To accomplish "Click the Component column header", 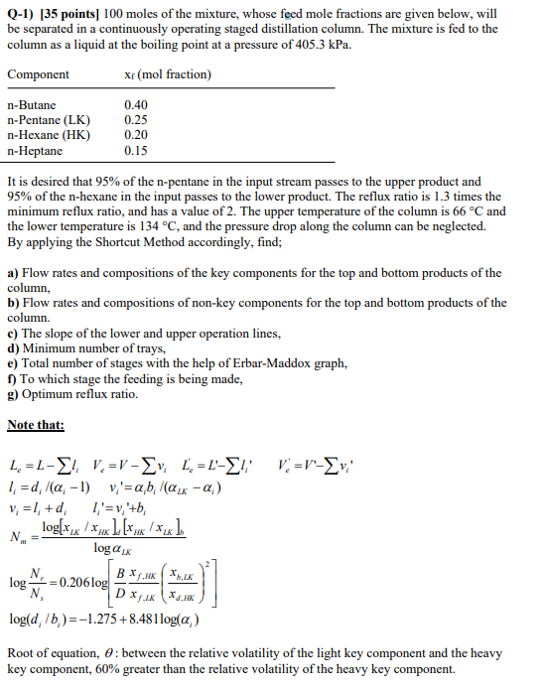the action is [38, 75].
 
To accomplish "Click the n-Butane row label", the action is [32, 105].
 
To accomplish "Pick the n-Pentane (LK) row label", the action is [49, 120].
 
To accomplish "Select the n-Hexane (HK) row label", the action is [48, 135].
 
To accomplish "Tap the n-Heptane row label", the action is [35, 150].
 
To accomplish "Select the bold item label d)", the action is [13, 348].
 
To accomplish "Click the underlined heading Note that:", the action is [35, 425].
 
